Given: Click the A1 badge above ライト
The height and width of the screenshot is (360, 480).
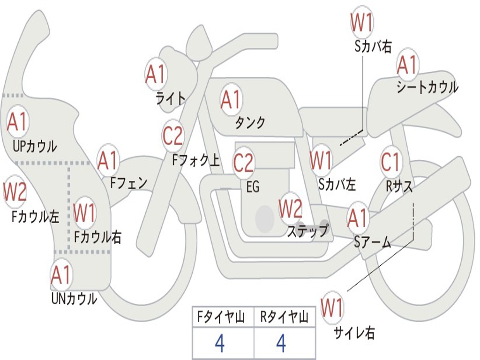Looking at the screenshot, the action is [x=156, y=75].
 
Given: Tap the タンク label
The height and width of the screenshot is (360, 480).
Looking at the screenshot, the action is [x=250, y=122].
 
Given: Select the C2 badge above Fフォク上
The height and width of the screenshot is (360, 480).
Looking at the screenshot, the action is [x=173, y=135].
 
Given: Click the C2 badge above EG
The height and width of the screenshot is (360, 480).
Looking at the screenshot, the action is [x=244, y=163].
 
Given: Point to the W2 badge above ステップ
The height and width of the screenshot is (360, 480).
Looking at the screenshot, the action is [x=290, y=209].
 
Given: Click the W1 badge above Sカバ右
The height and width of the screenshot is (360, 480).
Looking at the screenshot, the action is [x=362, y=22].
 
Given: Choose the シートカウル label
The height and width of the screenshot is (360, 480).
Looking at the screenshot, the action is [x=427, y=87].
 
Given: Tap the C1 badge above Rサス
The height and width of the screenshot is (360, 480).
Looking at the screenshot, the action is [x=391, y=162].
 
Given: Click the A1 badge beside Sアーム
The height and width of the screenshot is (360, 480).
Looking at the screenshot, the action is [x=357, y=218].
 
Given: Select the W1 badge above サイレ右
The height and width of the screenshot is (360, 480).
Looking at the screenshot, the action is [x=332, y=307].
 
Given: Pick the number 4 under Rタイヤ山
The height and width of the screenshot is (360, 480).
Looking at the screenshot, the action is [x=281, y=343].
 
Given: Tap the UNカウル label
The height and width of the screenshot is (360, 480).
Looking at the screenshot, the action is [x=75, y=299].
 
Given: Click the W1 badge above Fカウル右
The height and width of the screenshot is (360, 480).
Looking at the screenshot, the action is [x=84, y=212].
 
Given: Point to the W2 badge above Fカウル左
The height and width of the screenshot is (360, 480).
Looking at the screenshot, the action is [x=15, y=192].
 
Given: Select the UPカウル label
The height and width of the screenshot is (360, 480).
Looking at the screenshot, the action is [x=35, y=146].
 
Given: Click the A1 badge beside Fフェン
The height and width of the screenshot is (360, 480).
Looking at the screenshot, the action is [x=108, y=160].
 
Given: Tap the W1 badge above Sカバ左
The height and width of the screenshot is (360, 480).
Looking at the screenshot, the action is [x=321, y=160].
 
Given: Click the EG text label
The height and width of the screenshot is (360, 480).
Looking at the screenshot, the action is [x=253, y=187].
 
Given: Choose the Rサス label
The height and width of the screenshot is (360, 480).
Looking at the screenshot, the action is [x=399, y=186].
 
